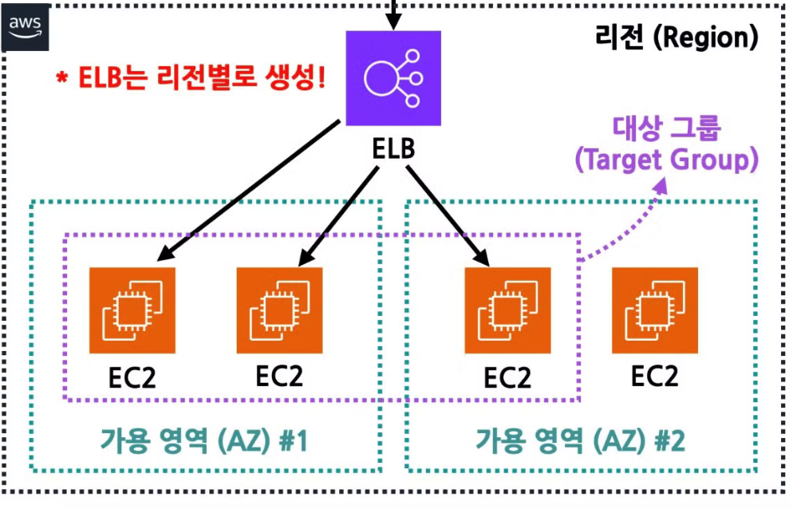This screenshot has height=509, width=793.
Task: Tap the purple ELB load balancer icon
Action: pyautogui.click(x=393, y=78)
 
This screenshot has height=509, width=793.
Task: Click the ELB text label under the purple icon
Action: pyautogui.click(x=393, y=150)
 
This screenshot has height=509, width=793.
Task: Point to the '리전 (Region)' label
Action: pyautogui.click(x=677, y=37)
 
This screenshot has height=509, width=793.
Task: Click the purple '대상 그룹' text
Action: pyautogui.click(x=667, y=128)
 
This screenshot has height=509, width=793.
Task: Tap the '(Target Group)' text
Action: pyautogui.click(x=666, y=160)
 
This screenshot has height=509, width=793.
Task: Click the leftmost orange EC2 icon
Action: pyautogui.click(x=132, y=310)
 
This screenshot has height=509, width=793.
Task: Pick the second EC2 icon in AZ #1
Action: pyautogui.click(x=280, y=310)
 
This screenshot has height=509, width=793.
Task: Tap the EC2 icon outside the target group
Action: pyautogui.click(x=655, y=310)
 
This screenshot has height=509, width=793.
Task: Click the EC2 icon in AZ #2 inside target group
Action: pyautogui.click(x=507, y=310)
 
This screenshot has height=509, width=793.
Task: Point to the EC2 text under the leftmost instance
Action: pyautogui.click(x=132, y=377)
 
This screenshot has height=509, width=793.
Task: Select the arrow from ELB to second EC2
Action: pyautogui.click(x=339, y=207)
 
